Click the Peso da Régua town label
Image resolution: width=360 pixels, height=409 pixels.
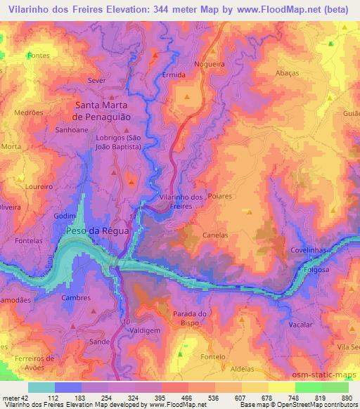(96, 231)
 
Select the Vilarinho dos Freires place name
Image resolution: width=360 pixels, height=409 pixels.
(182, 202)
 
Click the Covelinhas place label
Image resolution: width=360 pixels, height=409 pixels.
(309, 251)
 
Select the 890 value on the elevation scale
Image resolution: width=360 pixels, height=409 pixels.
(345, 398)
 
